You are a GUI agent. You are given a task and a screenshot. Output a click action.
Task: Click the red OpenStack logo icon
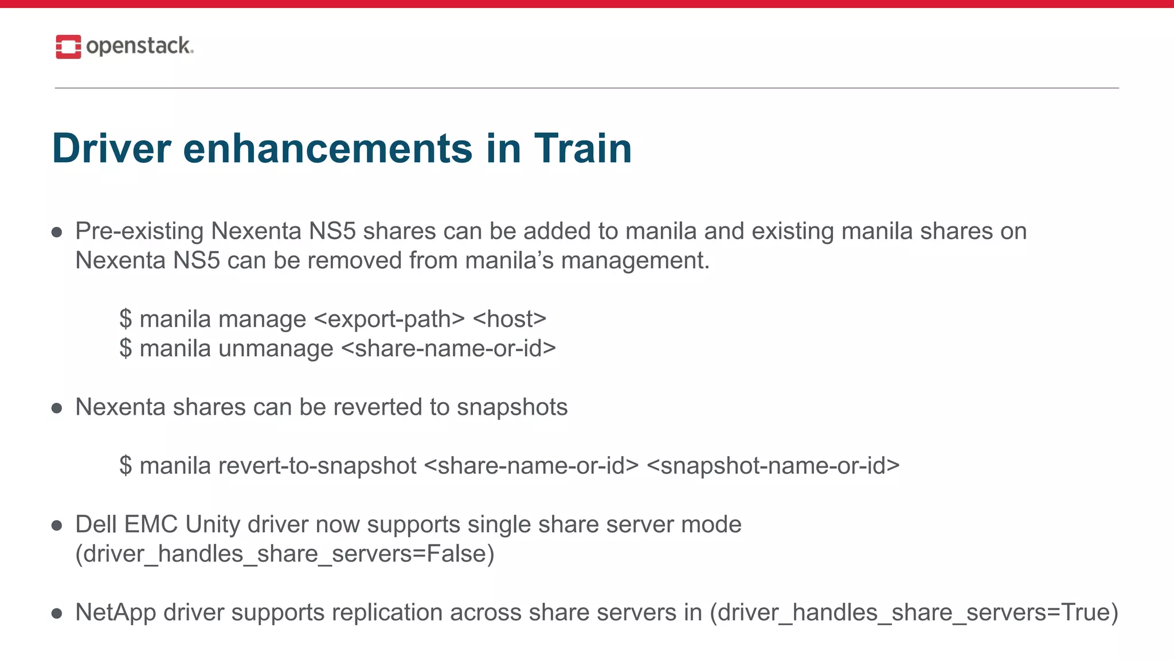pyautogui.click(x=68, y=46)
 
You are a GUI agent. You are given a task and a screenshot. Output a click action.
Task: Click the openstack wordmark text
pyautogui.click(x=139, y=46)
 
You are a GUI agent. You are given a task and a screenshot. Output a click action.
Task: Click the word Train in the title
pyautogui.click(x=582, y=148)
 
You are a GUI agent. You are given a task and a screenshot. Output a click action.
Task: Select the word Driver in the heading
pyautogui.click(x=111, y=148)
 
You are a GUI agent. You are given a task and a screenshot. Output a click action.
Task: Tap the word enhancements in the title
pyautogui.click(x=327, y=148)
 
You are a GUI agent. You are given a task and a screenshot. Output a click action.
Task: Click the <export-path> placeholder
pyautogui.click(x=389, y=319)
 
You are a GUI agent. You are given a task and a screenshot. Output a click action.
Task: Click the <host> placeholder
pyautogui.click(x=509, y=319)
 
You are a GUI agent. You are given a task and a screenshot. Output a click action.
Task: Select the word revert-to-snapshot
pyautogui.click(x=317, y=466)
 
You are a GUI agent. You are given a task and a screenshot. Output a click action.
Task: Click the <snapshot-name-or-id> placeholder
pyautogui.click(x=773, y=466)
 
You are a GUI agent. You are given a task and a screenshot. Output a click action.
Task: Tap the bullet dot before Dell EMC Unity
pyautogui.click(x=57, y=525)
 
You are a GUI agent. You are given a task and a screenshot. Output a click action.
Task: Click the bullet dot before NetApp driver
pyautogui.click(x=57, y=614)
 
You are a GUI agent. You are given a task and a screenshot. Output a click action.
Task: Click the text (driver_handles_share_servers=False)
pyautogui.click(x=284, y=554)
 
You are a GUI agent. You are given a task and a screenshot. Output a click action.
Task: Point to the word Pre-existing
pyautogui.click(x=139, y=231)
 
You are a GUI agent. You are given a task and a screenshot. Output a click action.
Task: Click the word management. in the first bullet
pyautogui.click(x=635, y=261)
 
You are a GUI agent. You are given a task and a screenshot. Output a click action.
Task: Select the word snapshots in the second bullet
pyautogui.click(x=512, y=407)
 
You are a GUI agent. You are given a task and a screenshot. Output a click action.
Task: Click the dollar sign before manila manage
pyautogui.click(x=126, y=319)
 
